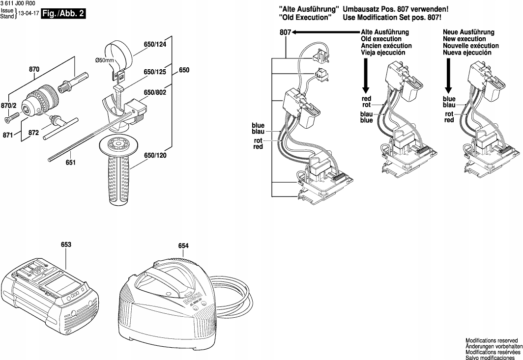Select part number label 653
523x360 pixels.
(x=66, y=244)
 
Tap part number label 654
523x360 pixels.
(x=183, y=246)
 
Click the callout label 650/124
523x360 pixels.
(x=155, y=45)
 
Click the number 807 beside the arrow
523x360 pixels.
(x=285, y=32)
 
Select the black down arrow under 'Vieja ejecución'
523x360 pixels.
(x=366, y=76)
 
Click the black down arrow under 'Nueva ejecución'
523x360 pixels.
(x=448, y=76)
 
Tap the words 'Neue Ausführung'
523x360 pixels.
(x=468, y=32)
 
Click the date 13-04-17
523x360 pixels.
(x=28, y=14)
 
